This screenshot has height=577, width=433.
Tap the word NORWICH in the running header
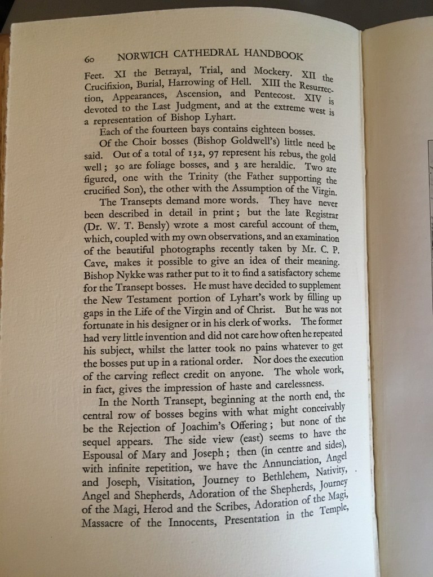[140, 57]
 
